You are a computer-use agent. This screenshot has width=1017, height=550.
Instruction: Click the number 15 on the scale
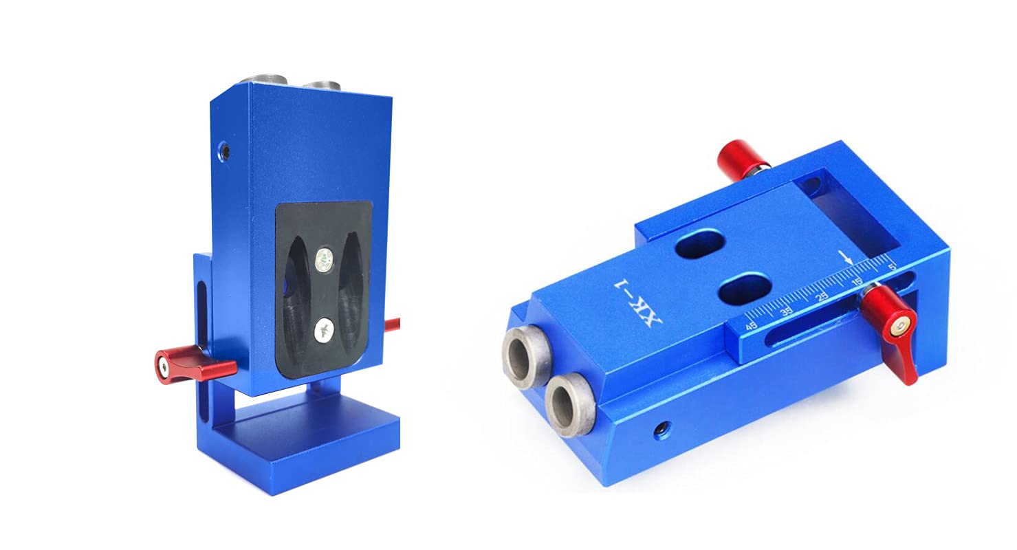click(x=857, y=282)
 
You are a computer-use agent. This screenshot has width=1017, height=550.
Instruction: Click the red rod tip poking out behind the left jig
click(x=392, y=324)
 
